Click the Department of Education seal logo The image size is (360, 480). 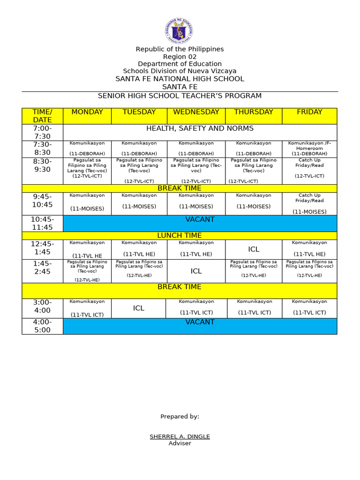[179, 31]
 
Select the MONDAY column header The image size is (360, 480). [87, 112]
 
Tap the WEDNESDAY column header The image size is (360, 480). [196, 112]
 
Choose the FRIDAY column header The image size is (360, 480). [309, 112]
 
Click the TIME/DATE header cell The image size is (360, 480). [42, 116]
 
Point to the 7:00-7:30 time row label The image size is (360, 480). [42, 132]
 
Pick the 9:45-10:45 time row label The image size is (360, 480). [42, 201]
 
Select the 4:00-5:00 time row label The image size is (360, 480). [42, 326]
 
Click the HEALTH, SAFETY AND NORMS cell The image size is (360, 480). [200, 128]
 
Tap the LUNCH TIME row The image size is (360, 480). [180, 236]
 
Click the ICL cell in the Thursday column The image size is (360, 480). [254, 249]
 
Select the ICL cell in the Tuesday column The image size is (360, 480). [139, 308]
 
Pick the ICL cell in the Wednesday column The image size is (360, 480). [196, 271]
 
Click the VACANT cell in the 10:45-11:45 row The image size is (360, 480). [200, 220]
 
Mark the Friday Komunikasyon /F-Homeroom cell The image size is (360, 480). [309, 148]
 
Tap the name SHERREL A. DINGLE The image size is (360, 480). [180, 436]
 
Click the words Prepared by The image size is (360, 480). [180, 416]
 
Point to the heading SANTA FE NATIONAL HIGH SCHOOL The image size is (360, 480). [180, 79]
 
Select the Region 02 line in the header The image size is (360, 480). [180, 57]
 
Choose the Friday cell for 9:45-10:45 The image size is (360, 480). [309, 203]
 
